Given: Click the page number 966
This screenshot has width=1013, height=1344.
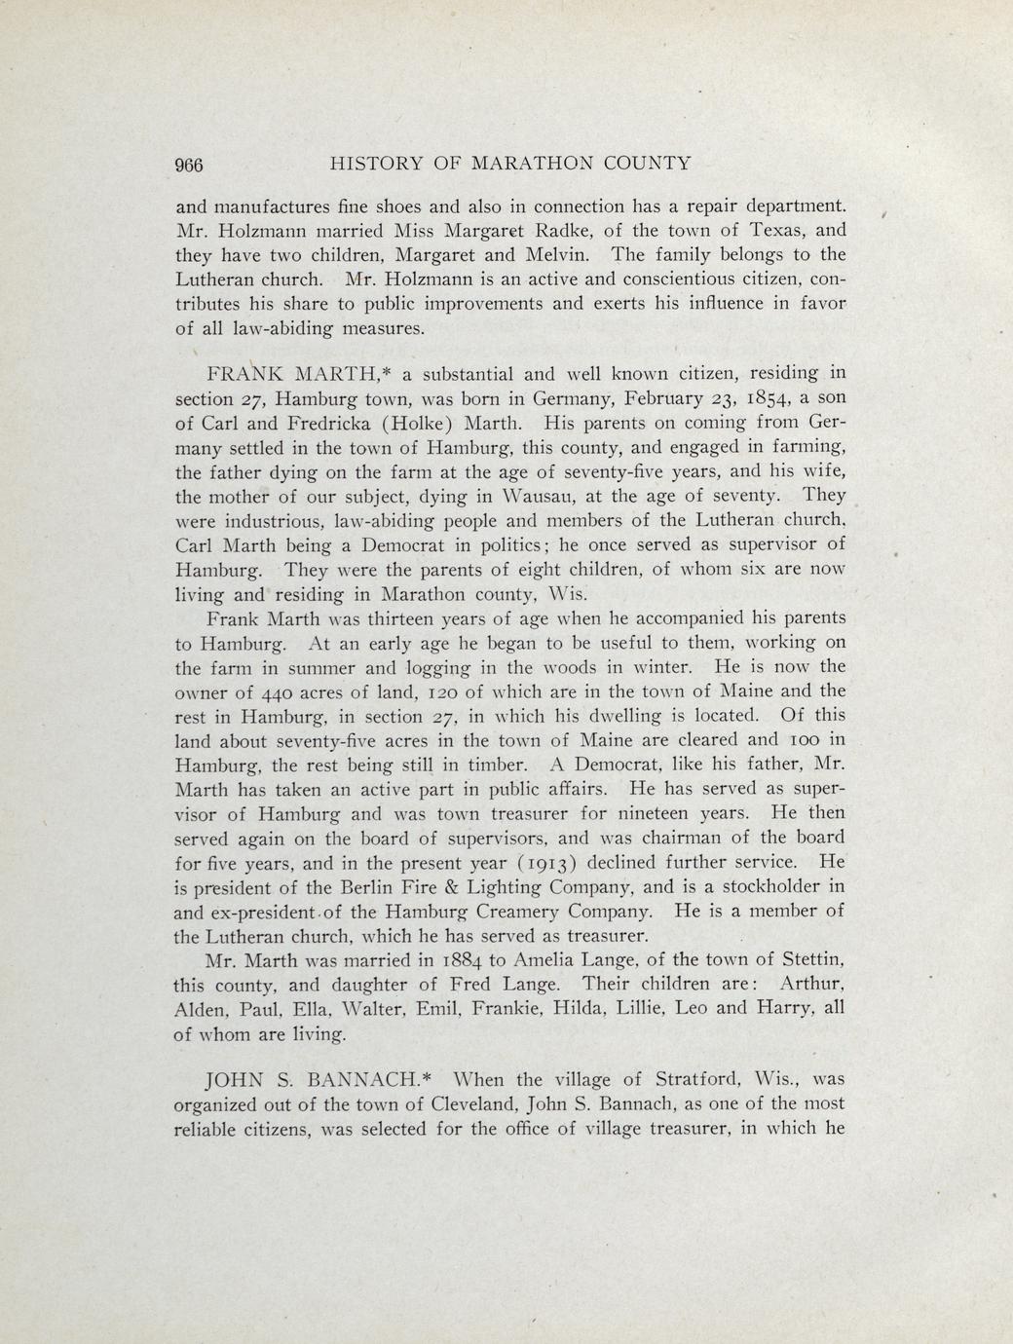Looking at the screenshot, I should coord(189,165).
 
